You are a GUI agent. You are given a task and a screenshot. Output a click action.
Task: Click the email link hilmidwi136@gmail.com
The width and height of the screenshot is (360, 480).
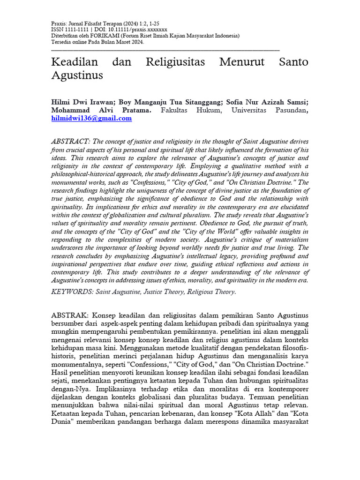(91, 119)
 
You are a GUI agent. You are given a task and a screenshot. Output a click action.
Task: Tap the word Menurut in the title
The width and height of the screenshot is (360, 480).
(247, 62)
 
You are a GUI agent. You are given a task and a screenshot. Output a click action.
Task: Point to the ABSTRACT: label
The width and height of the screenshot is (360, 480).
(70, 142)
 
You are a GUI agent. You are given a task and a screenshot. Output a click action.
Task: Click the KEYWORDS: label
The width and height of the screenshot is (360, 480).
(72, 292)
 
